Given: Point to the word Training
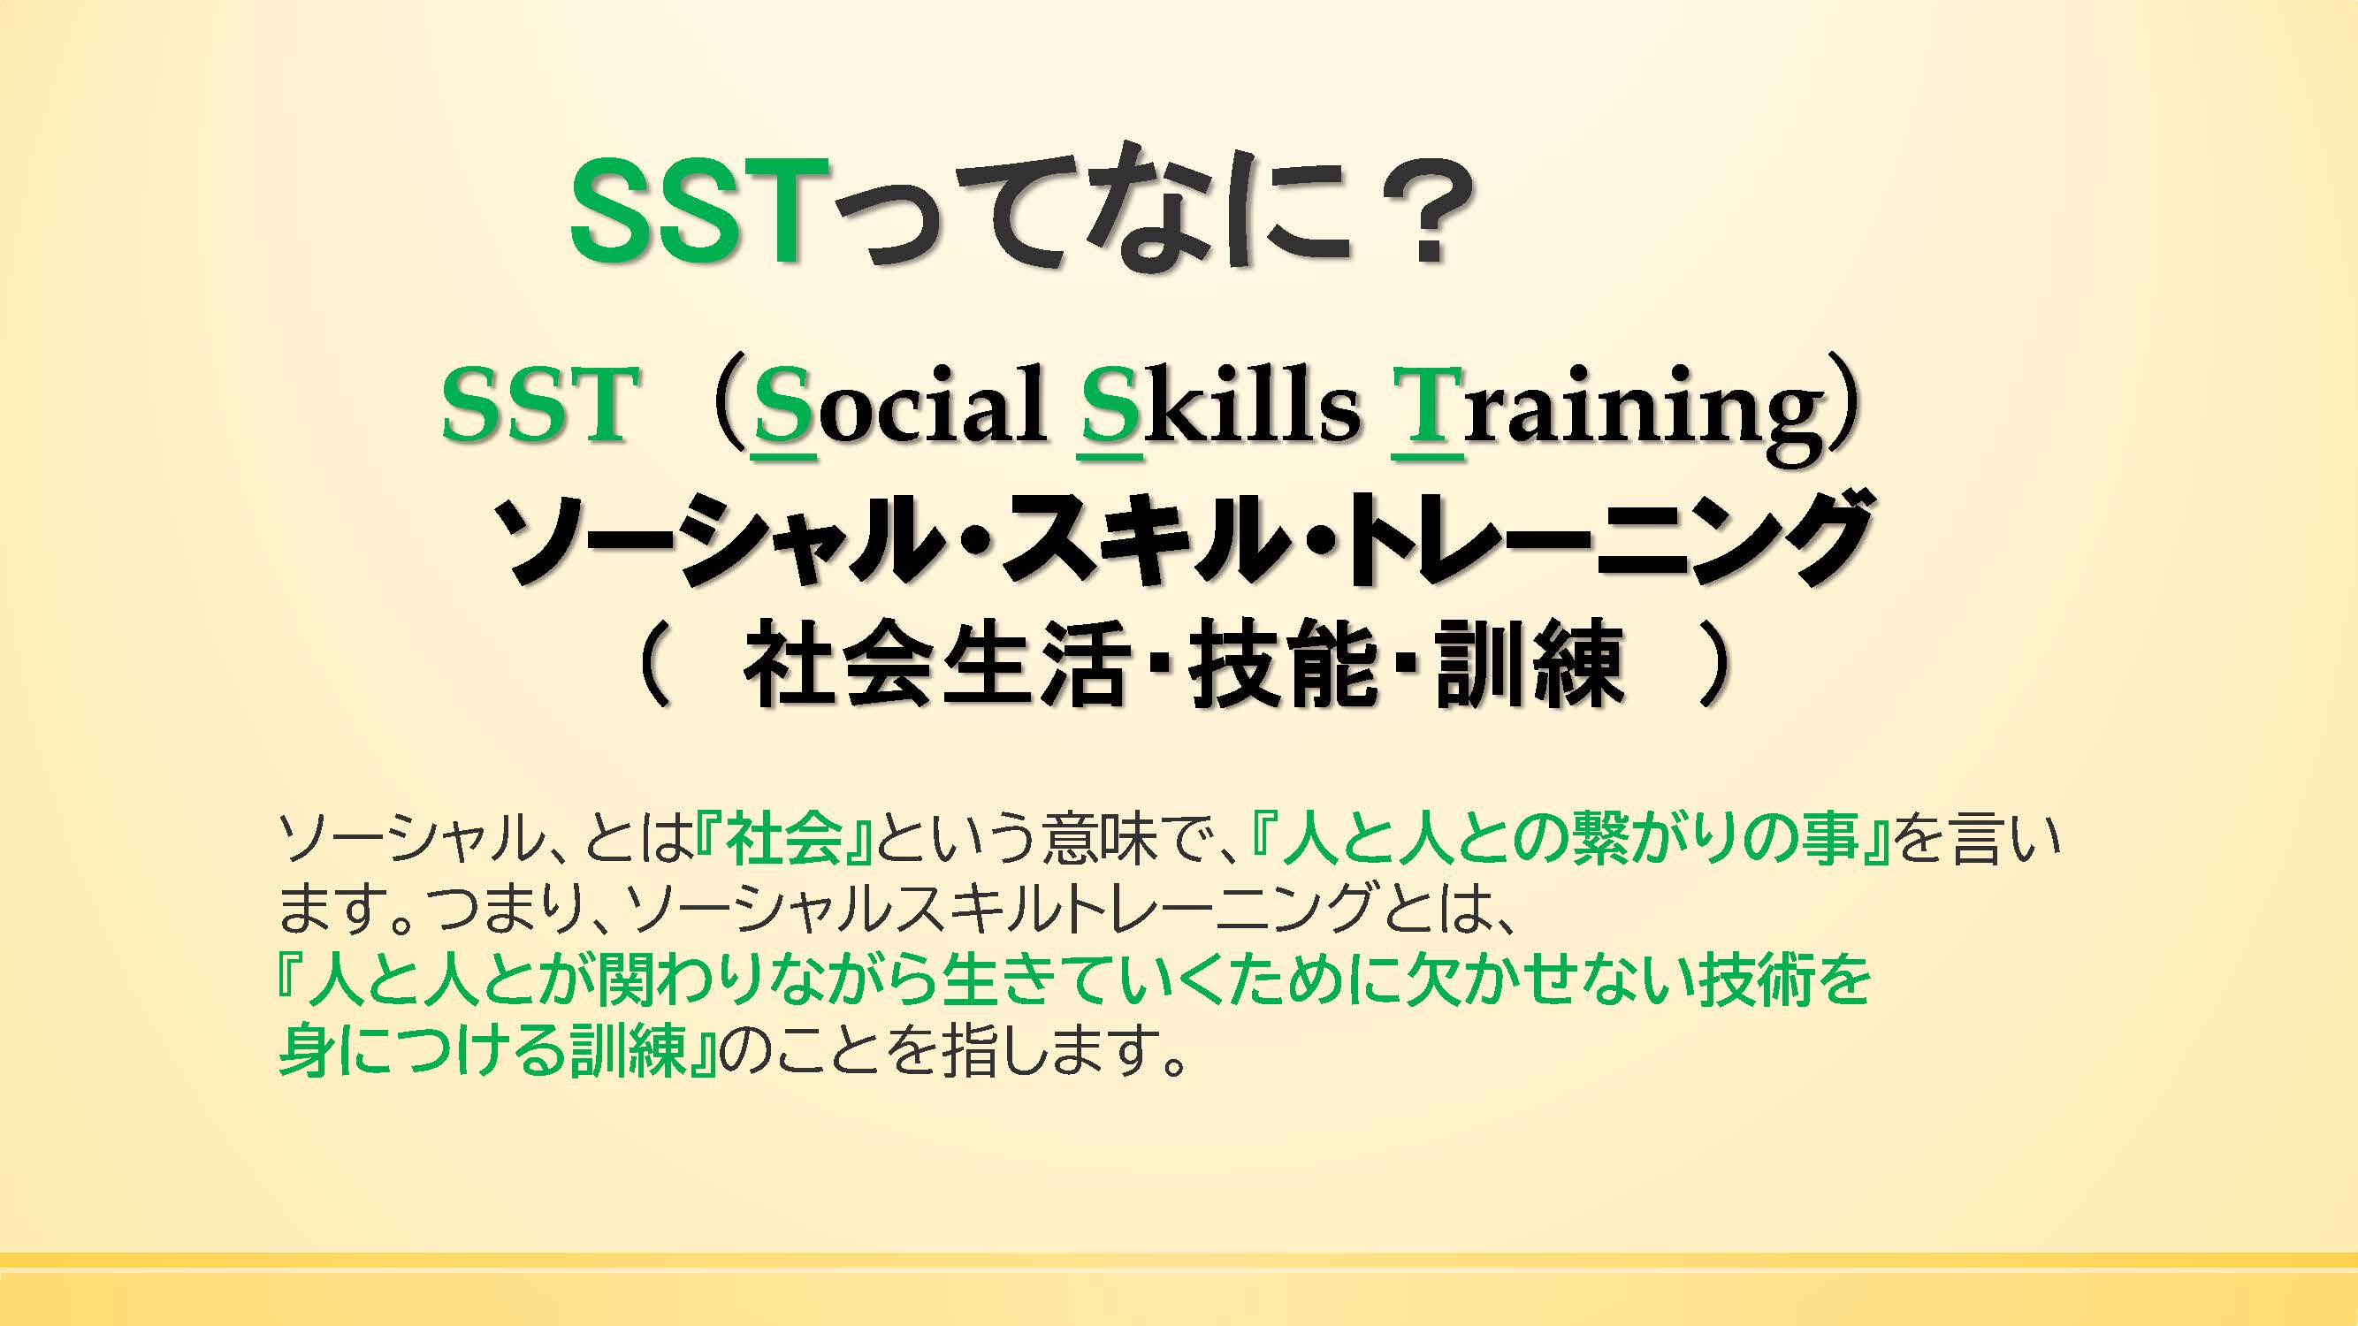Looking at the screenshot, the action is [1607, 412].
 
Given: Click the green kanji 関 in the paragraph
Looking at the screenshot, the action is [626, 980].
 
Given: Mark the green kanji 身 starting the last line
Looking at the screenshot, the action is [308, 1051].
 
